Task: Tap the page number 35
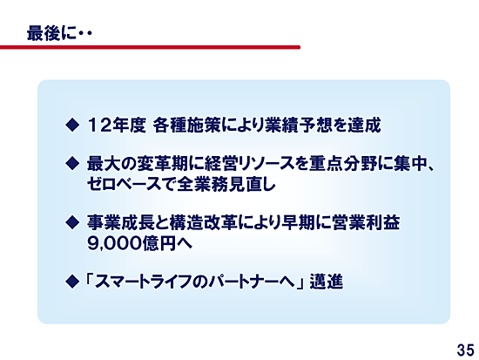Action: [466, 350]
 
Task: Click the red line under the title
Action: [150, 47]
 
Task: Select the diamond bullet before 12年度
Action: [72, 125]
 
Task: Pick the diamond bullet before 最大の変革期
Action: [72, 163]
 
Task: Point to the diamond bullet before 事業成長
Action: [72, 222]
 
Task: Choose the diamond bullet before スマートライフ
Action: [72, 281]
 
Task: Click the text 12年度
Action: [117, 126]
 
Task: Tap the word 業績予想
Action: [300, 126]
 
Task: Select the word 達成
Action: [364, 126]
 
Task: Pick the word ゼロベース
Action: [124, 184]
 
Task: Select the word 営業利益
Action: [367, 222]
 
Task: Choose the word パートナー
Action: [245, 282]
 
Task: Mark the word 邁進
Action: [327, 282]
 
